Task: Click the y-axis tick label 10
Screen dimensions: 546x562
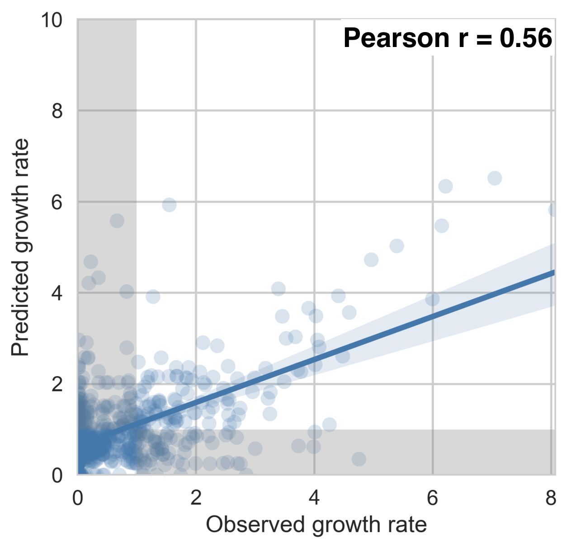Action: (x=52, y=20)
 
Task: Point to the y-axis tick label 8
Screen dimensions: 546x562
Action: (x=57, y=111)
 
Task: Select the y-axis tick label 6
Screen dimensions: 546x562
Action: (x=57, y=202)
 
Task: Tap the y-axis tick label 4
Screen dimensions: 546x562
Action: (x=57, y=293)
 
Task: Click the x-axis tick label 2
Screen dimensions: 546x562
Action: (x=196, y=498)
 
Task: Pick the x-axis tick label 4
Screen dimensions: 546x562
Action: (x=314, y=498)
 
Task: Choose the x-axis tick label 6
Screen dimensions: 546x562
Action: (x=433, y=498)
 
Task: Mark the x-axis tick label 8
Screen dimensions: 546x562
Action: (x=551, y=498)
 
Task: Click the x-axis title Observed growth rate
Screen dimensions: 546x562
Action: (x=316, y=525)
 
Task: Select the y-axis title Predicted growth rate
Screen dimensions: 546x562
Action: (x=20, y=247)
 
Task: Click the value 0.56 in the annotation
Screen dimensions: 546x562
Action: (x=526, y=38)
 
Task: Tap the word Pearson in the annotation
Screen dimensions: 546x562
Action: (x=396, y=38)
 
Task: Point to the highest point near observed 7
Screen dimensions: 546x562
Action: (x=495, y=178)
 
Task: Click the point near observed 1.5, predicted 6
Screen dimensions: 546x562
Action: (x=169, y=205)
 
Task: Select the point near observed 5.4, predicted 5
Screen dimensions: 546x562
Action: (x=397, y=246)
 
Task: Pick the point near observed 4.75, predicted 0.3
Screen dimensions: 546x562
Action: (x=359, y=459)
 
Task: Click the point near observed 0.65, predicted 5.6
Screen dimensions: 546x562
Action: (x=117, y=221)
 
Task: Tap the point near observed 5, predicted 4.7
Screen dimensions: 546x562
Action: (x=371, y=260)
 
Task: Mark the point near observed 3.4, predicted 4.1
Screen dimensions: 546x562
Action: (x=279, y=289)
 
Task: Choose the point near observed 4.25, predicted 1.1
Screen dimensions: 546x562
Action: (x=329, y=425)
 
